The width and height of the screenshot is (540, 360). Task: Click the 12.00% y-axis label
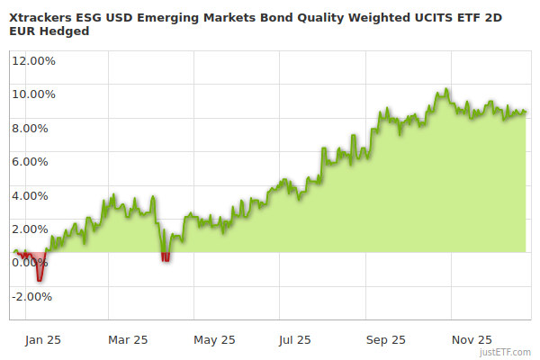click(x=33, y=61)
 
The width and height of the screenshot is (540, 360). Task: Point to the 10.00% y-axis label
click(x=33, y=94)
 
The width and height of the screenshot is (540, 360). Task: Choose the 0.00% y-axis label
click(x=31, y=263)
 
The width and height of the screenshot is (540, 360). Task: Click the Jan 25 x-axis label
click(x=42, y=340)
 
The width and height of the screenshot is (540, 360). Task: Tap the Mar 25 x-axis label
click(x=128, y=340)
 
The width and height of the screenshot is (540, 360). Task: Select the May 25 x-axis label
click(x=214, y=340)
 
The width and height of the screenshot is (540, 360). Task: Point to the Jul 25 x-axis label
click(x=296, y=340)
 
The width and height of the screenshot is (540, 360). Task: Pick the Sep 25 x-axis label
click(x=386, y=340)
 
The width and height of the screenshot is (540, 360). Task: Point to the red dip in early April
click(x=165, y=257)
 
